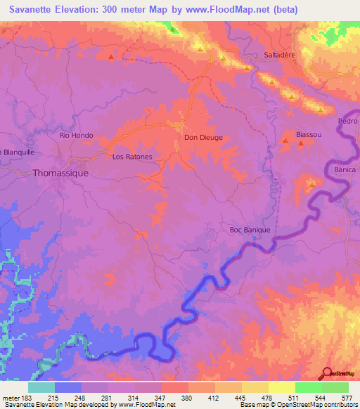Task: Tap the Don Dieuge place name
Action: (x=203, y=138)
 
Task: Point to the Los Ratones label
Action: (x=132, y=157)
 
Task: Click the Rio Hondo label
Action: (x=76, y=135)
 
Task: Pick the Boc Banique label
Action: (x=250, y=229)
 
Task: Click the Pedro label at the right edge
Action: (x=348, y=121)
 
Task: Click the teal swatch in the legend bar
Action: (x=41, y=387)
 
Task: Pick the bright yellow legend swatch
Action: (x=281, y=387)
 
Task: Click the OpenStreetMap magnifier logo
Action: (x=327, y=374)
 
